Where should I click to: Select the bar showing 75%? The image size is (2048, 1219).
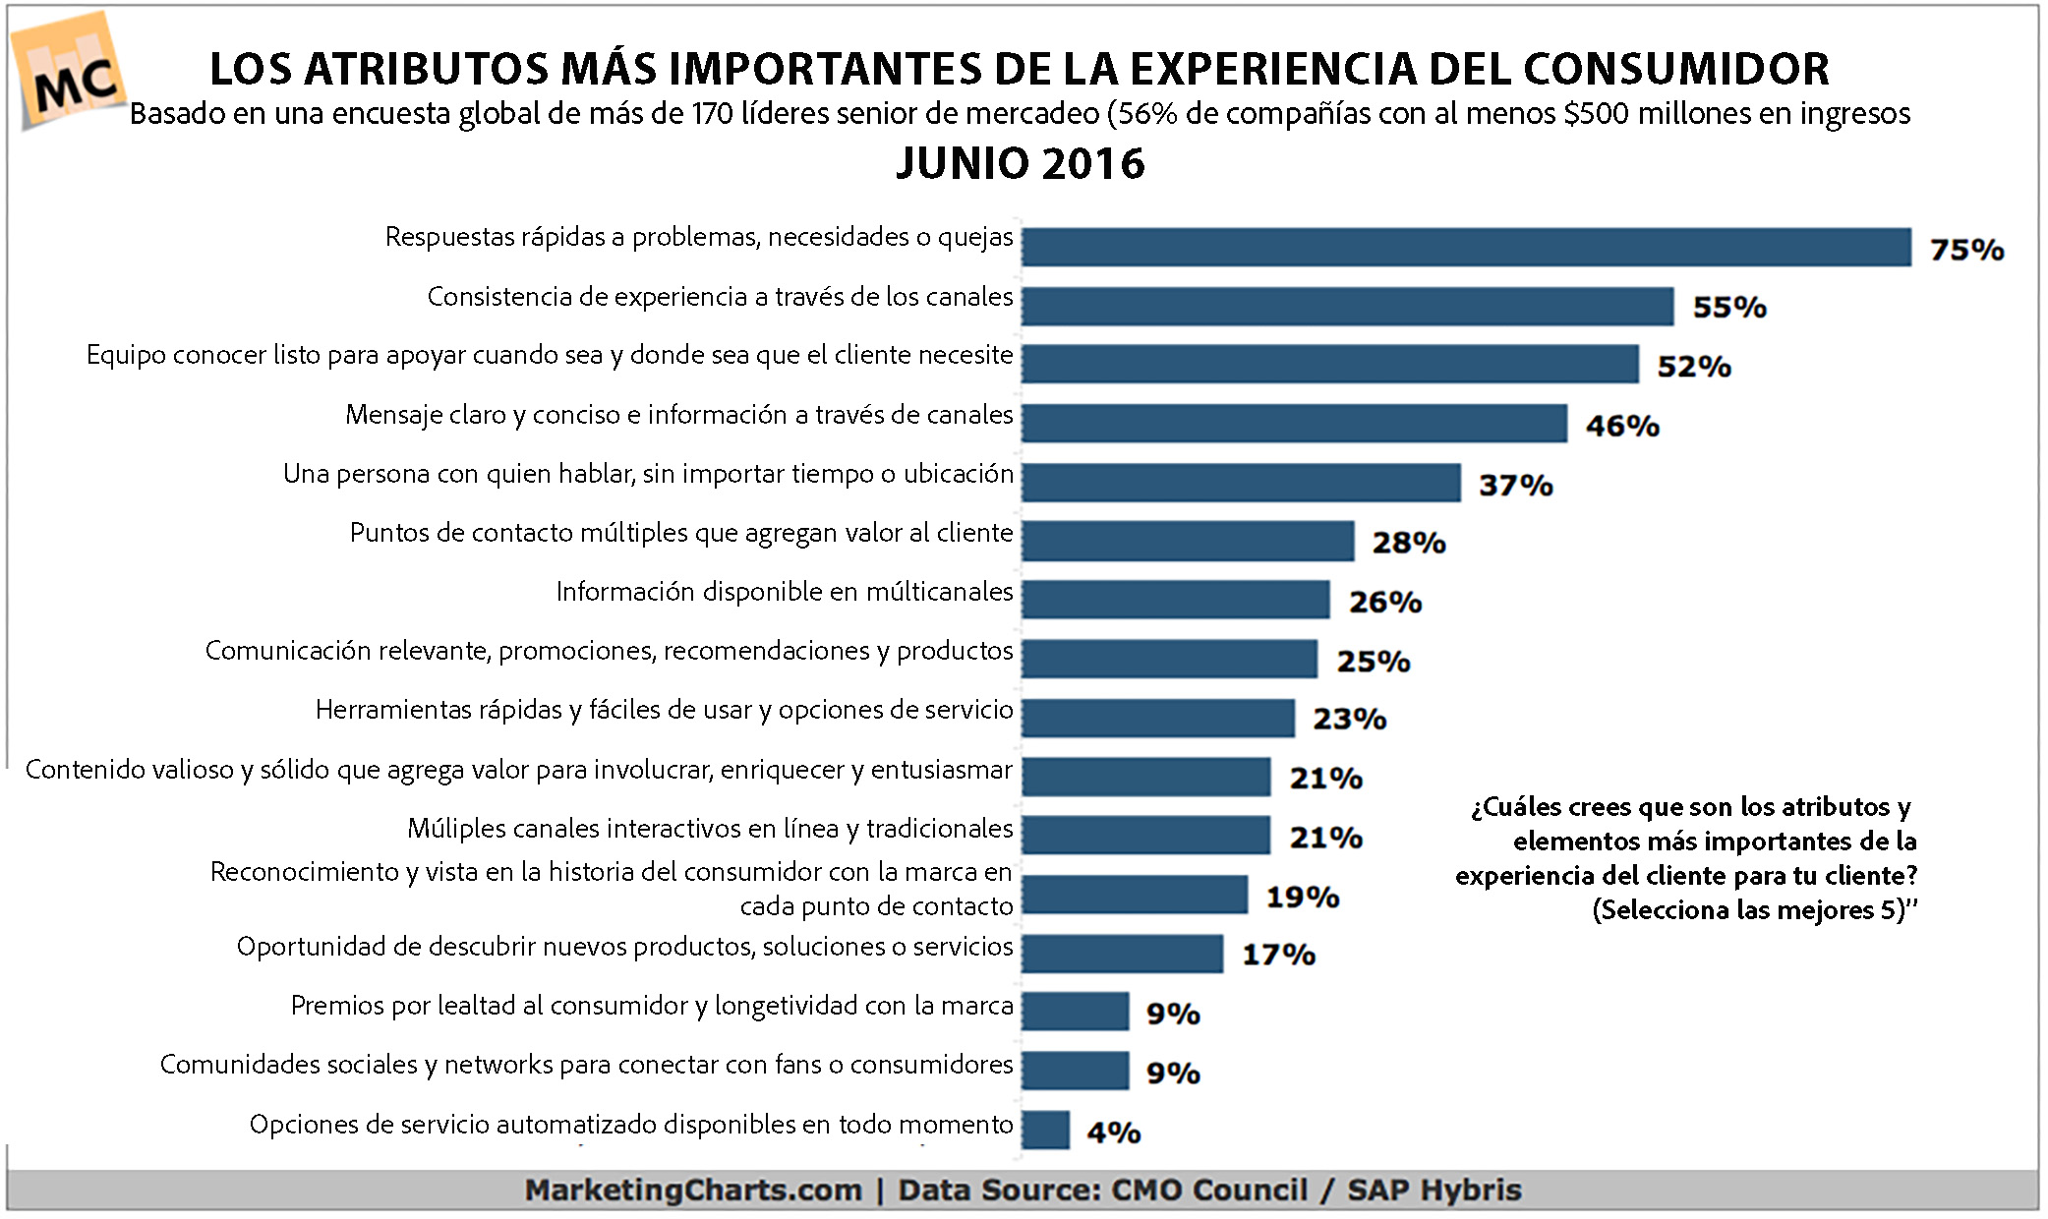tap(1465, 247)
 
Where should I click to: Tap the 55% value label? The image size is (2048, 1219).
tap(1728, 308)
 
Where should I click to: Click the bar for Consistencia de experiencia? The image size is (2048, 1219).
tap(1347, 306)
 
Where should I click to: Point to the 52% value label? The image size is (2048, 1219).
tap(1693, 367)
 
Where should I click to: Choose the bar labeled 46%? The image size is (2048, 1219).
tap(1294, 424)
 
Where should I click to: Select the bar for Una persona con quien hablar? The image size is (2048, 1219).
tap(1241, 483)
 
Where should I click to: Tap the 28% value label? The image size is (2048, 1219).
tap(1408, 543)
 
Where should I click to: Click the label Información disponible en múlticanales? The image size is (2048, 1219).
tap(784, 592)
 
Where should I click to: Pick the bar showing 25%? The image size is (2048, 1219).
tap(1169, 659)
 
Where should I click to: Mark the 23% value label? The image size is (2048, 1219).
tap(1349, 720)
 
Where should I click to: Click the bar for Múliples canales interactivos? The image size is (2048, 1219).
tap(1145, 836)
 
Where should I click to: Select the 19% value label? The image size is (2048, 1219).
tap(1302, 897)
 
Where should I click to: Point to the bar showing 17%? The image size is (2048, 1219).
tap(1122, 954)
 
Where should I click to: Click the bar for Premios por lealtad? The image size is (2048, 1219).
tap(1075, 1012)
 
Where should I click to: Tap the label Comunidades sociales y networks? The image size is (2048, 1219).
tap(586, 1065)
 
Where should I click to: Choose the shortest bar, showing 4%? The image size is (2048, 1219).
tap(1045, 1131)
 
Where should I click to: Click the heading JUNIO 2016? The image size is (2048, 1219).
tap(1020, 163)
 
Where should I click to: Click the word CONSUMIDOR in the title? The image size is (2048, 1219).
tap(1675, 69)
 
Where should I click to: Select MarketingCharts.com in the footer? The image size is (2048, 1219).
tap(692, 1190)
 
